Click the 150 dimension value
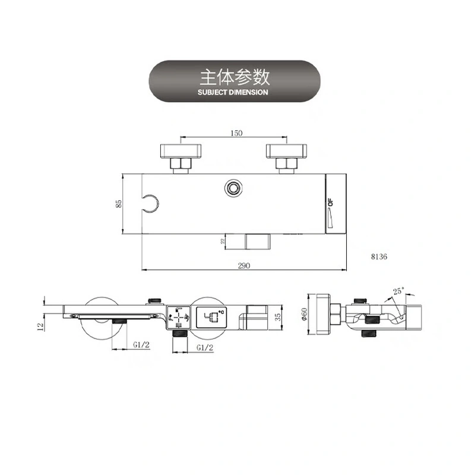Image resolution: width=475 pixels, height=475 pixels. click(x=236, y=134)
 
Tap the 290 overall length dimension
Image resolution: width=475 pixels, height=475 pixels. click(x=243, y=266)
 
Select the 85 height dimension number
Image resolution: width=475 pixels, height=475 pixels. click(x=119, y=203)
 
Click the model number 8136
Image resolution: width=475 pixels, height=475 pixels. click(x=378, y=257)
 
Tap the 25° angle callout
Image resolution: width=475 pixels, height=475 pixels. click(x=398, y=291)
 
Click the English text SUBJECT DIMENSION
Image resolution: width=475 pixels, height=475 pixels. click(x=234, y=93)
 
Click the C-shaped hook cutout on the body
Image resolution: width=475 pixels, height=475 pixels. click(x=151, y=204)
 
